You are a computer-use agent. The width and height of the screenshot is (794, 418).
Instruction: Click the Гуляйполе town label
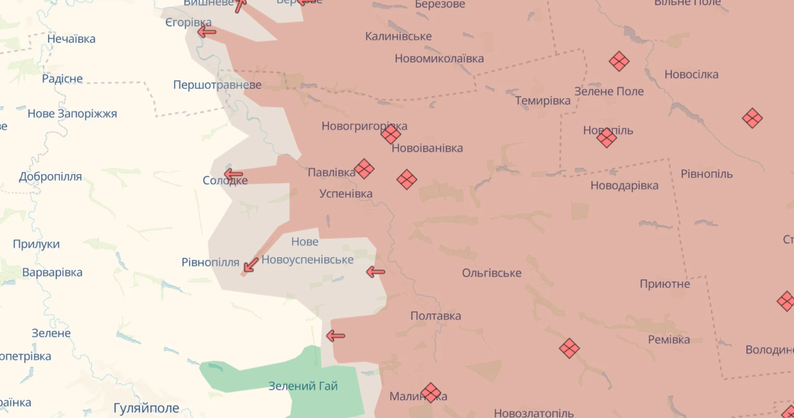coord(146,408)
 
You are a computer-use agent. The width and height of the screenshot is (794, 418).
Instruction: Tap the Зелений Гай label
coord(303,386)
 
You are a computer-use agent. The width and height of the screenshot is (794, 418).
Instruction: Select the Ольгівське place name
coord(491,273)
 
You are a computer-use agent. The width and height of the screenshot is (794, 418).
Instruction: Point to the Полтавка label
coord(435,316)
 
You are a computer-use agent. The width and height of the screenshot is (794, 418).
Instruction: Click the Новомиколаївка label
coord(439,58)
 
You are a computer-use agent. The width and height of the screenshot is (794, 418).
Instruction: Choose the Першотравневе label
coord(217,85)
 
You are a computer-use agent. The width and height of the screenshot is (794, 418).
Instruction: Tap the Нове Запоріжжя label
coord(72,114)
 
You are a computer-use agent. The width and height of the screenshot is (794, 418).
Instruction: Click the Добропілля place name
coord(50,176)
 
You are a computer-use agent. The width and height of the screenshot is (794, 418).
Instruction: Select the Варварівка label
coord(52,272)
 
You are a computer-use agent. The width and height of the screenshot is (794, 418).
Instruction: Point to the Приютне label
coord(664,284)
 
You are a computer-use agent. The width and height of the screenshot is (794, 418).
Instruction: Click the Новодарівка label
coord(624,186)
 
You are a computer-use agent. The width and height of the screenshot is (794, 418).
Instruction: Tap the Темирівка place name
coord(542,100)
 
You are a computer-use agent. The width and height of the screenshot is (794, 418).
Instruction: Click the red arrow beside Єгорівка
coord(207,31)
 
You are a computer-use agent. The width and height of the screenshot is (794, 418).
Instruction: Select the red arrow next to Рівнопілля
coord(250,265)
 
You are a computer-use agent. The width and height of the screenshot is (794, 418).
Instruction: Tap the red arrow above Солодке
coord(233,174)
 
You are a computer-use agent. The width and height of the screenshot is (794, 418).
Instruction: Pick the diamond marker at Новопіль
coord(606,137)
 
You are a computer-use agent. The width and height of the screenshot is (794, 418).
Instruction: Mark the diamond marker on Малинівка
coord(431,392)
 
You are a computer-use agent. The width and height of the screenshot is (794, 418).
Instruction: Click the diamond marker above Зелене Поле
coord(619,61)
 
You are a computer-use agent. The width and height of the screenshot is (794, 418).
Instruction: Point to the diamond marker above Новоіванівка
coord(390,134)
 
